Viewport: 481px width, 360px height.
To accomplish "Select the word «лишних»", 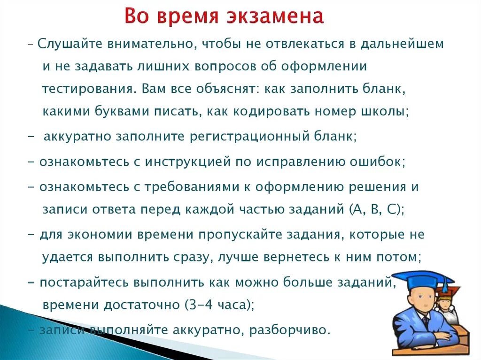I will [x=160, y=67].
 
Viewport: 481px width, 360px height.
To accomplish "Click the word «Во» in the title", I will [x=137, y=17].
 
